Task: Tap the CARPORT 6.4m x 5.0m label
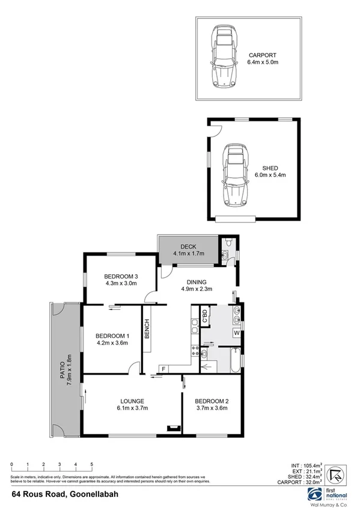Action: click(x=264, y=58)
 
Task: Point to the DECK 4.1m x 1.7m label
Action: click(x=189, y=250)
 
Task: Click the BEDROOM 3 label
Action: click(x=121, y=280)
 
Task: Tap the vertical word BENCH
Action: click(x=146, y=329)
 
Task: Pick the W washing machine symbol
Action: click(x=236, y=333)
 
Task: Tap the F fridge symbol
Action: click(x=163, y=368)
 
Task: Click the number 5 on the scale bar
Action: click(x=91, y=464)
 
